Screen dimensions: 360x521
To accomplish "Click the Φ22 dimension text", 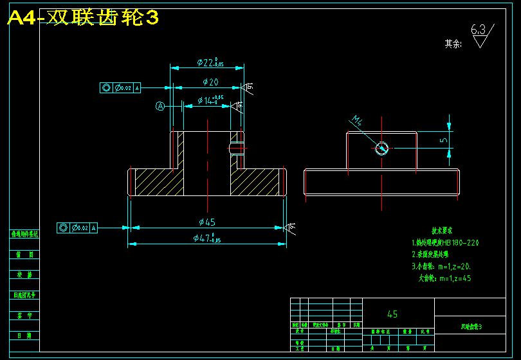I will click(210, 63).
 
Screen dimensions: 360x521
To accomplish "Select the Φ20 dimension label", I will click(210, 82).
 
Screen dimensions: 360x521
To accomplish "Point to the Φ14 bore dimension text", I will click(210, 100).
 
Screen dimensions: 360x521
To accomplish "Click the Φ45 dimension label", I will click(207, 222).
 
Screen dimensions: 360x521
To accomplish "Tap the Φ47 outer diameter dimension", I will click(207, 239).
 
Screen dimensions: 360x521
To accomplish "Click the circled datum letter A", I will click(160, 106).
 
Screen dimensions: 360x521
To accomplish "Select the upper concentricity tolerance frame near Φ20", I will click(120, 88).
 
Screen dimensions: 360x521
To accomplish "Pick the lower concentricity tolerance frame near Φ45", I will click(77, 228).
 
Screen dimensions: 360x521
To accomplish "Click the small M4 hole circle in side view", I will click(382, 148).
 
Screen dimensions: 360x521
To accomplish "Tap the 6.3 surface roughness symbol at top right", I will click(481, 35).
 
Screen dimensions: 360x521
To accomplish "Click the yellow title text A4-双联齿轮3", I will click(82, 18).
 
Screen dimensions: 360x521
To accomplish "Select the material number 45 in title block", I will click(392, 314).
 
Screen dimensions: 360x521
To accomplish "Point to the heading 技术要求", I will click(442, 230).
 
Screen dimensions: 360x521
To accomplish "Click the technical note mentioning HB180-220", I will click(445, 243).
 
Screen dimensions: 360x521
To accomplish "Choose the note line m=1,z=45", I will click(445, 278).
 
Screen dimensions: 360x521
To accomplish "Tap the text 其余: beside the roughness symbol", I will click(453, 44).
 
